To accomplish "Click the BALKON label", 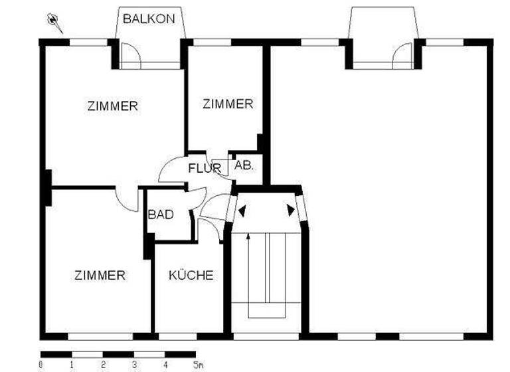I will click(x=149, y=19).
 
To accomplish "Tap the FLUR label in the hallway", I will click(x=203, y=168).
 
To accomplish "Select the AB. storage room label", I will click(x=244, y=166).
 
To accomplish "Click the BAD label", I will click(x=161, y=215).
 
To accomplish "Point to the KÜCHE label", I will click(x=191, y=275).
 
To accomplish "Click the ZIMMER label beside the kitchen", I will click(x=100, y=275).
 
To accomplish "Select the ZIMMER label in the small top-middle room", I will click(x=228, y=104).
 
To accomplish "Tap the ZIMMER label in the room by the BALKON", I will click(x=113, y=106).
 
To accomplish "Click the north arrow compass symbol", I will click(x=54, y=23).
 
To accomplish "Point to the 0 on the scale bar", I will click(x=41, y=365).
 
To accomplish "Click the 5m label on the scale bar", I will click(x=198, y=365).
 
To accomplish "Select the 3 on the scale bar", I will click(x=135, y=365).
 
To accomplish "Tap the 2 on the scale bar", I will click(x=104, y=365).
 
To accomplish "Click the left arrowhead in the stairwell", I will click(x=243, y=211).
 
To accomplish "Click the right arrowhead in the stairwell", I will click(x=291, y=211).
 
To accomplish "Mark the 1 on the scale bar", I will click(x=72, y=365).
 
